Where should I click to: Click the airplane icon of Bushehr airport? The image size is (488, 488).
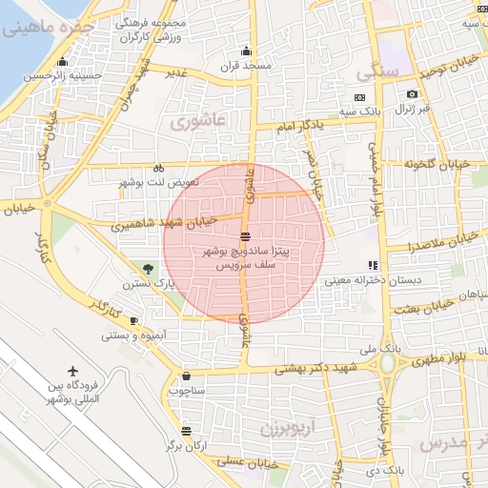tap(73, 370)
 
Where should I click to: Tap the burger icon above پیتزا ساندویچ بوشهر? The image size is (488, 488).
tap(246, 235)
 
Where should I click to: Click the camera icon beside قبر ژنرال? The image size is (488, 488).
tap(412, 93)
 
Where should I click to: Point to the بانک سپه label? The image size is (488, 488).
tap(387, 112)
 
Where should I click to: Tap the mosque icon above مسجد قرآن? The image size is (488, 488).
tap(248, 51)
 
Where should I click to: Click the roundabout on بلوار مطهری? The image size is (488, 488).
tap(388, 364)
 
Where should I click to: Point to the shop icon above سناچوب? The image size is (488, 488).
tap(185, 376)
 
